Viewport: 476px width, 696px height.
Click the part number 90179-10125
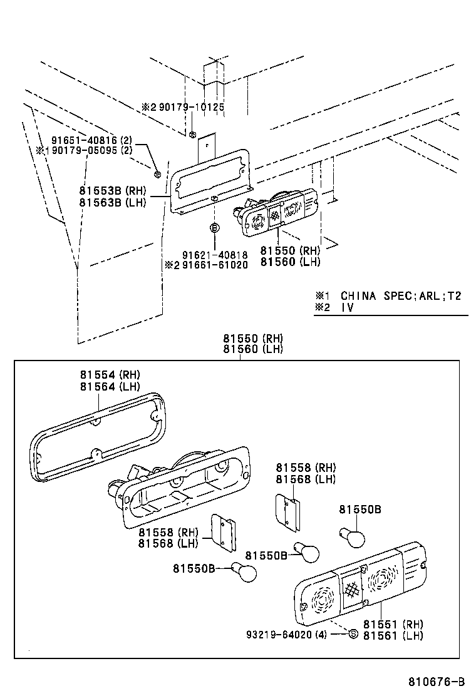click(x=191, y=107)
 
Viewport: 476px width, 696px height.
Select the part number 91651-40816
click(x=87, y=141)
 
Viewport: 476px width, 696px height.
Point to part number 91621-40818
click(x=215, y=255)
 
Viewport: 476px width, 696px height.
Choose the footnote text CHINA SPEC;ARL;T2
click(x=401, y=295)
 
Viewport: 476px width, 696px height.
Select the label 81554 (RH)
click(x=110, y=375)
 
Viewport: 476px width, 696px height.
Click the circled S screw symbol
click(x=353, y=634)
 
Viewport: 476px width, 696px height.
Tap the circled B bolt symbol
click(x=214, y=228)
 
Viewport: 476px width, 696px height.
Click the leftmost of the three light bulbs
click(x=244, y=571)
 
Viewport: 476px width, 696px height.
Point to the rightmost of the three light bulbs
click(x=353, y=536)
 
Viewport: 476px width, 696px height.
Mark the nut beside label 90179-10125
click(x=192, y=133)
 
